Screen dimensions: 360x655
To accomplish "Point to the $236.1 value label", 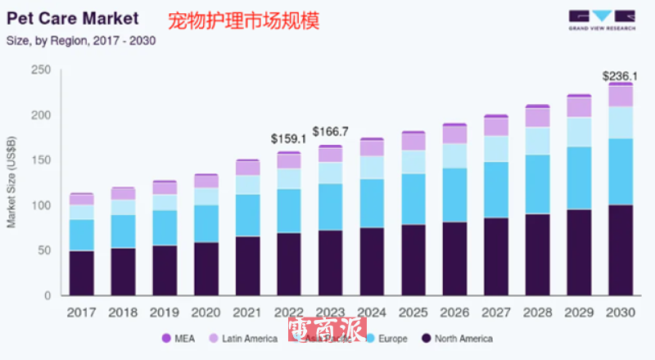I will pos(620,76).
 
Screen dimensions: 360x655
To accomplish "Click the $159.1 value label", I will pos(289,138).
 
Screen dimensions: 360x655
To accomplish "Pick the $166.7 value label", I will pos(331,131).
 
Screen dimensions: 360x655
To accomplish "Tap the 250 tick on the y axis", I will pos(40,71).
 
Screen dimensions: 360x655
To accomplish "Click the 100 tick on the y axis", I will pos(40,205).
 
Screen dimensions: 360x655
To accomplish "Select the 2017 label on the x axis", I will pos(80,313).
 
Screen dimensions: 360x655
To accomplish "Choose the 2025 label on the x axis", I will pos(413,313).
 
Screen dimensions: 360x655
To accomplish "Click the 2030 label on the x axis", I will pos(621,313).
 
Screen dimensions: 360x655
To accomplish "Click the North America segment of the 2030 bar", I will pos(621,250).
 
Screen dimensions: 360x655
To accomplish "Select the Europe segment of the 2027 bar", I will pos(496,190).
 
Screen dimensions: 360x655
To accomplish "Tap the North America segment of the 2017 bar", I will pos(80,272).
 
